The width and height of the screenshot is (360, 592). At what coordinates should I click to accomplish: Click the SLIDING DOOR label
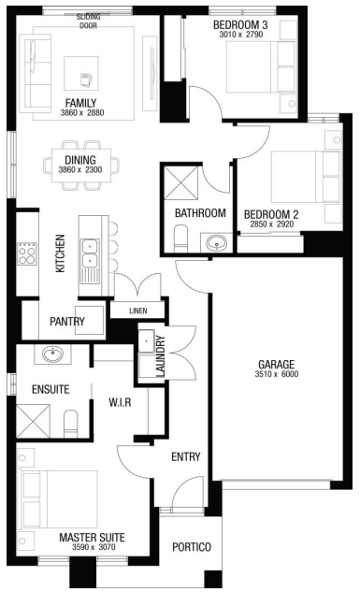click(x=89, y=22)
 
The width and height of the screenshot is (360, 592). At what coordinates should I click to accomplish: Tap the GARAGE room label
click(x=276, y=365)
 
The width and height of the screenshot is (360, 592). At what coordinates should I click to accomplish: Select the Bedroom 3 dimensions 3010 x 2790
click(x=240, y=35)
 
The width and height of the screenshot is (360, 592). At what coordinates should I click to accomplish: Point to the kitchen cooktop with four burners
click(x=27, y=253)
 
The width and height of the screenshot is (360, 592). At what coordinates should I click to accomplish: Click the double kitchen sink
click(x=90, y=253)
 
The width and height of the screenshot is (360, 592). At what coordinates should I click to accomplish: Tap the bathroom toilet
click(x=181, y=238)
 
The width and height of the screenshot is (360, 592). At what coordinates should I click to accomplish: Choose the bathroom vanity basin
click(x=217, y=242)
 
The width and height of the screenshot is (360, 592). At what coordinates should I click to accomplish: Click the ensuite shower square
click(x=33, y=422)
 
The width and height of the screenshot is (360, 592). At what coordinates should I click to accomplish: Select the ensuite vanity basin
click(x=52, y=354)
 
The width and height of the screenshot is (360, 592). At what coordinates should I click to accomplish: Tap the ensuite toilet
click(x=70, y=424)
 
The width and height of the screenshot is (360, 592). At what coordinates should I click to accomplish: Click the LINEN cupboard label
click(x=138, y=310)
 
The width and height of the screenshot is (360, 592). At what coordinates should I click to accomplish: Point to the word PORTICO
click(x=192, y=547)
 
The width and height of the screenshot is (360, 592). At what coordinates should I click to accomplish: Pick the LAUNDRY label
click(x=161, y=356)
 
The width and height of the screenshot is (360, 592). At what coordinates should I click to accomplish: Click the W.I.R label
click(x=120, y=402)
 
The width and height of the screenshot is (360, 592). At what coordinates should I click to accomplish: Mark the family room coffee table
click(x=81, y=74)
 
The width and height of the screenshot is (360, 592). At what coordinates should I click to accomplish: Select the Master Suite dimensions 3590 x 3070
click(x=94, y=547)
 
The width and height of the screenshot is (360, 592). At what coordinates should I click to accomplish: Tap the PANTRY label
click(x=67, y=322)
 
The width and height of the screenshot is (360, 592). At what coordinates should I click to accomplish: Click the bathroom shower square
click(x=181, y=182)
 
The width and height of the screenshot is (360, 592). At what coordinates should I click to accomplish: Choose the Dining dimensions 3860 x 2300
click(x=80, y=170)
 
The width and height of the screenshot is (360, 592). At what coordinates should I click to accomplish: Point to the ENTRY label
click(x=186, y=456)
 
